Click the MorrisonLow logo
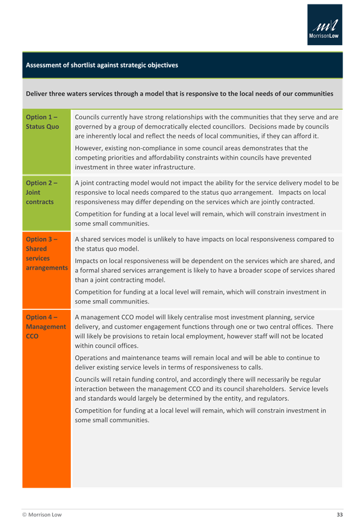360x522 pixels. pyautogui.click(x=324, y=25)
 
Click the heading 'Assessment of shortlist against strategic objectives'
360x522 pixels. pyautogui.click(x=102, y=65)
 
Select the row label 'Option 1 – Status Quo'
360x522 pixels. pyautogui.click(x=42, y=122)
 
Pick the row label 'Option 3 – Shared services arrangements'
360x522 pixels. pyautogui.click(x=46, y=253)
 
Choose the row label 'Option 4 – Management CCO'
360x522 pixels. pyautogui.click(x=46, y=327)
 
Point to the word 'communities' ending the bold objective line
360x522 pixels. pyautogui.click(x=314, y=94)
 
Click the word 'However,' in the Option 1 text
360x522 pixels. pyautogui.click(x=88, y=149)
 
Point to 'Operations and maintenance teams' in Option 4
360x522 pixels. pyautogui.click(x=131, y=358)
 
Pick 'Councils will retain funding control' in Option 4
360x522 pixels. pyautogui.click(x=133, y=380)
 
